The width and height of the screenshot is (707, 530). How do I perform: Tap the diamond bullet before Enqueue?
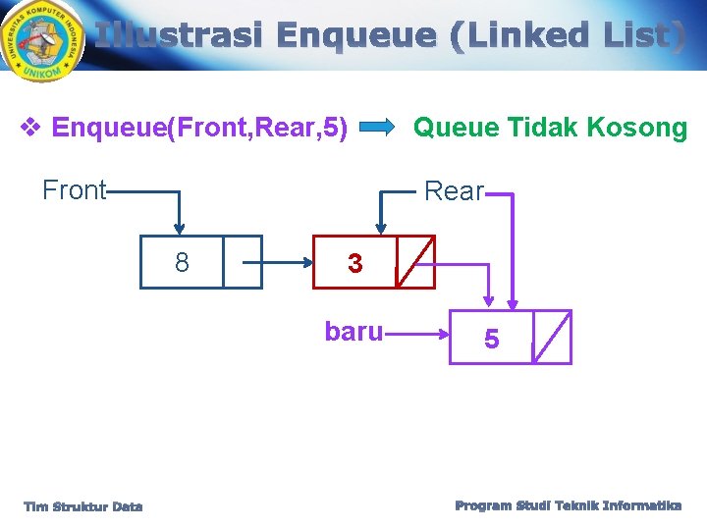coord(30,128)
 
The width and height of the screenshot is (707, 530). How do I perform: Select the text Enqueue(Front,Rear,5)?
coord(199,128)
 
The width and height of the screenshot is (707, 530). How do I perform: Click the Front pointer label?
coord(74,189)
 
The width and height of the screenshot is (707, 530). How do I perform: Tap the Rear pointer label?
coord(454,190)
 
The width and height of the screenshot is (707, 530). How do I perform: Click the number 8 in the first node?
coord(182,262)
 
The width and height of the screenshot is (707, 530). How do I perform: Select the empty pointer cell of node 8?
coord(243,262)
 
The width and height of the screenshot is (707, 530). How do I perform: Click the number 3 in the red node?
coord(354,263)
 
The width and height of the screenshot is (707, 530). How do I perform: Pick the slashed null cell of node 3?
coord(415,262)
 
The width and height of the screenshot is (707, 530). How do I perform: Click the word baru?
coord(353,332)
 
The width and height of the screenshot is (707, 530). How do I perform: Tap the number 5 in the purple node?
coord(491,339)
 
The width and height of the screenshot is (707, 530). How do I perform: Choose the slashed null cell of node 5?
coord(552,338)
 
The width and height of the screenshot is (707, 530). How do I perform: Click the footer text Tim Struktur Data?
coord(83,506)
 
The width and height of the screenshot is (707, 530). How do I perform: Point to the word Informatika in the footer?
coord(642,505)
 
